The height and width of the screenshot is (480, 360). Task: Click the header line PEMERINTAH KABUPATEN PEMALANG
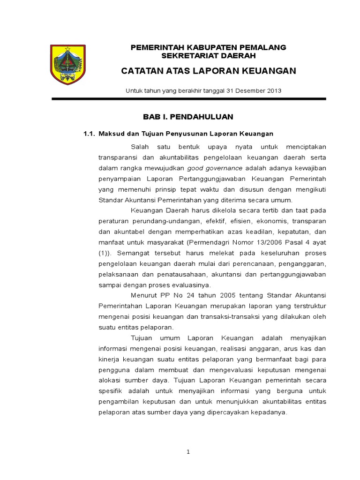point(208,47)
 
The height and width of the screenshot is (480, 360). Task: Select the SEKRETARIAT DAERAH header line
point(208,55)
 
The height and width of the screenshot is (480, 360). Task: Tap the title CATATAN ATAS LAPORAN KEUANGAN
point(209,71)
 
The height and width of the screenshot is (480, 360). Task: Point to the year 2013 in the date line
point(273,90)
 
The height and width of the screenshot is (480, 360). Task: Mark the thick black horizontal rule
point(188,99)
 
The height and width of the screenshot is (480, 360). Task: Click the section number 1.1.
point(89,134)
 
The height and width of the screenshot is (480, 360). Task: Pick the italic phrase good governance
point(215,168)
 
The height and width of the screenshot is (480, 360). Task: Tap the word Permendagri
point(208,242)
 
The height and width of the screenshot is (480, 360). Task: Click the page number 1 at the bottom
point(188,452)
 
